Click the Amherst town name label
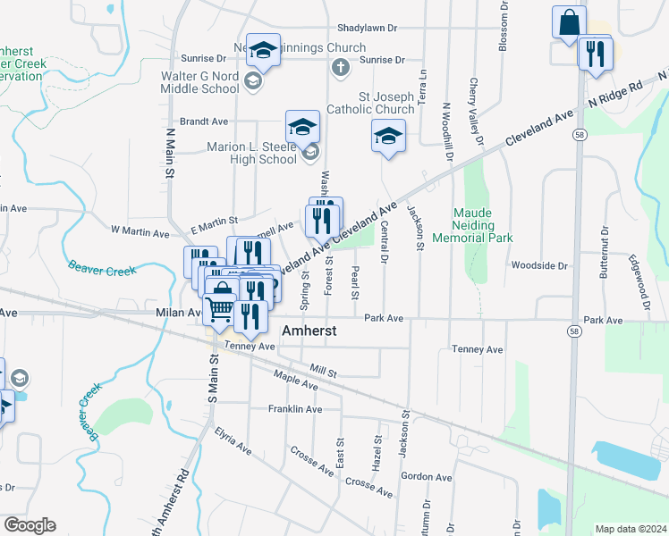(x=309, y=330)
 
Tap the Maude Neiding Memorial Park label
(x=470, y=226)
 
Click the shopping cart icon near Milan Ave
(x=221, y=310)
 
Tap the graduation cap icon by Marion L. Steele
(x=302, y=127)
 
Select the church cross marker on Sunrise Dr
(x=340, y=67)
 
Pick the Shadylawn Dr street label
(x=367, y=28)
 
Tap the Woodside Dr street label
(x=539, y=265)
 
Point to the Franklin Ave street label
(x=294, y=409)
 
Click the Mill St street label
(x=323, y=368)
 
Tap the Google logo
(x=30, y=525)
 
